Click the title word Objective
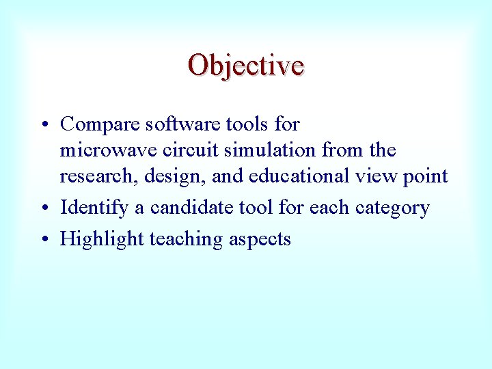246,66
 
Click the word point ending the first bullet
426,176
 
